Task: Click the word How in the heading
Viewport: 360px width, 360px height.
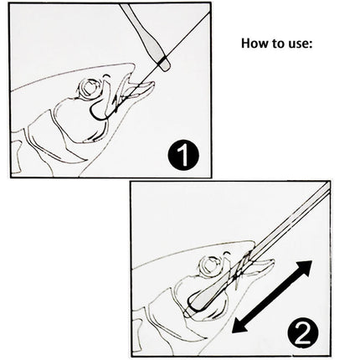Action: (255, 43)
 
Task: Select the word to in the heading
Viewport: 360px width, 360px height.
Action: (275, 43)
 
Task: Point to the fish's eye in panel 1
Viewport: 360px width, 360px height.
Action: (90, 88)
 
